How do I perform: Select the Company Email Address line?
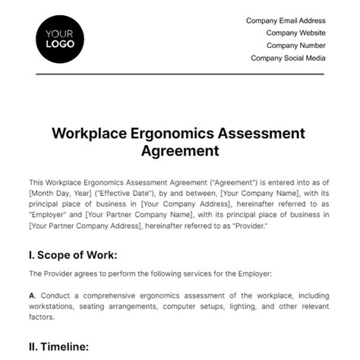coord(286,21)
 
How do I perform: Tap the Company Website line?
coord(295,33)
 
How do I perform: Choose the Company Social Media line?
coord(288,58)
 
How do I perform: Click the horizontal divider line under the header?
coord(179,74)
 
